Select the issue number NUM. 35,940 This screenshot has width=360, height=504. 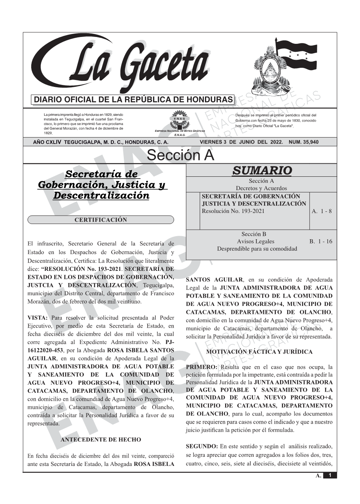(x=304, y=142)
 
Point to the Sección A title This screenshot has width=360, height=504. (x=180, y=155)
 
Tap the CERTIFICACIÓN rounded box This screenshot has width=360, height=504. (x=101, y=220)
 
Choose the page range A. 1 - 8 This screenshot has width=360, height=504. (x=322, y=211)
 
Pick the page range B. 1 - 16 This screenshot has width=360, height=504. (x=321, y=241)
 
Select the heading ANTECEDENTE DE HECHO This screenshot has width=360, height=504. (x=101, y=440)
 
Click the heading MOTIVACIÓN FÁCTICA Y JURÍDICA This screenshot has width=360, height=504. (x=259, y=352)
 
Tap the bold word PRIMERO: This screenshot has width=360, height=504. (x=202, y=367)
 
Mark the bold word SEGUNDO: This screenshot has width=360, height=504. (x=202, y=446)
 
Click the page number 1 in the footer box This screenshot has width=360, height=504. (x=330, y=475)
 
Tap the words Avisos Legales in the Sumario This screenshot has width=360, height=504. (x=255, y=241)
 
